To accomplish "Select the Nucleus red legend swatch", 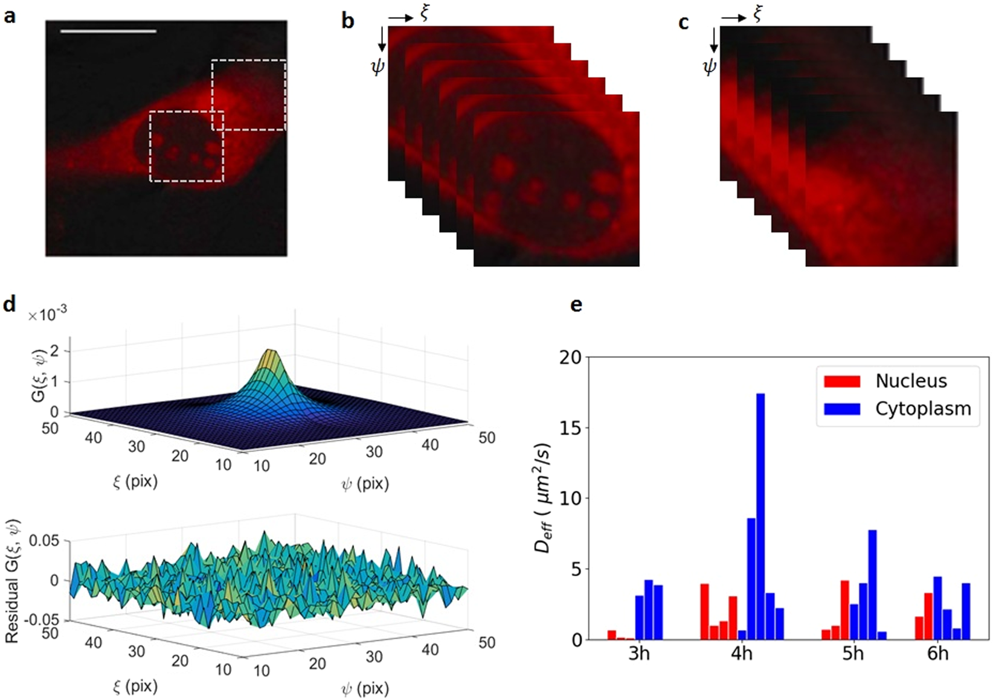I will [x=842, y=381].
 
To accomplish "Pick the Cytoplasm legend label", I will [x=923, y=409].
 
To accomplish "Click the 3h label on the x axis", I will [x=638, y=654].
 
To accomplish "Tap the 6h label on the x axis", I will [x=937, y=654].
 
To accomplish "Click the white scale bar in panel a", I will [x=108, y=31].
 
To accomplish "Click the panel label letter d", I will [x=9, y=305].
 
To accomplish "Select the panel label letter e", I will [x=576, y=305].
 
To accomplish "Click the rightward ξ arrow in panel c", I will [x=733, y=18].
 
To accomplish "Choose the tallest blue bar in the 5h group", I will [x=872, y=584].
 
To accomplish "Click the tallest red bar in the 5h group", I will [x=844, y=610].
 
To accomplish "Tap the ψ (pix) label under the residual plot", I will [x=365, y=688].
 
